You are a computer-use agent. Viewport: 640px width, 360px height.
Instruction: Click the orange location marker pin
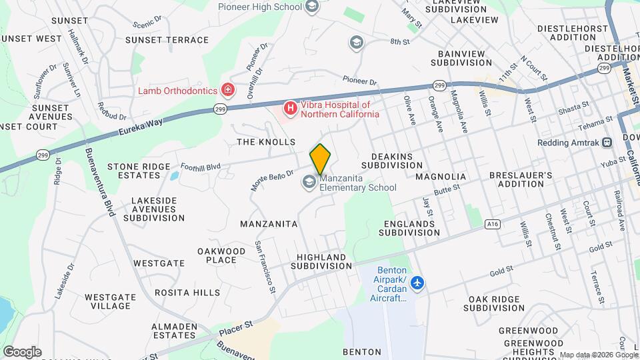(x=321, y=159)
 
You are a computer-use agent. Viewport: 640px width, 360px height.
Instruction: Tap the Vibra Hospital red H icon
(x=290, y=107)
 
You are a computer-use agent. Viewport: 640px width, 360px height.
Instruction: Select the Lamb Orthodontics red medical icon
(x=228, y=89)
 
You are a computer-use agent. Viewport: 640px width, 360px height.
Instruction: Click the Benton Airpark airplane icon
(x=418, y=283)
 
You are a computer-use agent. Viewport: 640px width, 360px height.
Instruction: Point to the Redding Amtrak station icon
(x=607, y=142)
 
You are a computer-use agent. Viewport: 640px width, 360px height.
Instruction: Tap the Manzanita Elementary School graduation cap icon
(x=309, y=181)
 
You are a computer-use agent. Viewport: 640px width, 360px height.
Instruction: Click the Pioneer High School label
(x=261, y=7)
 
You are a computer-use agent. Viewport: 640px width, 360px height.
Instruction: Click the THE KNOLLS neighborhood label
(x=266, y=142)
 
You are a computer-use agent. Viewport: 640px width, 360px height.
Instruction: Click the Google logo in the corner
(x=22, y=351)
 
